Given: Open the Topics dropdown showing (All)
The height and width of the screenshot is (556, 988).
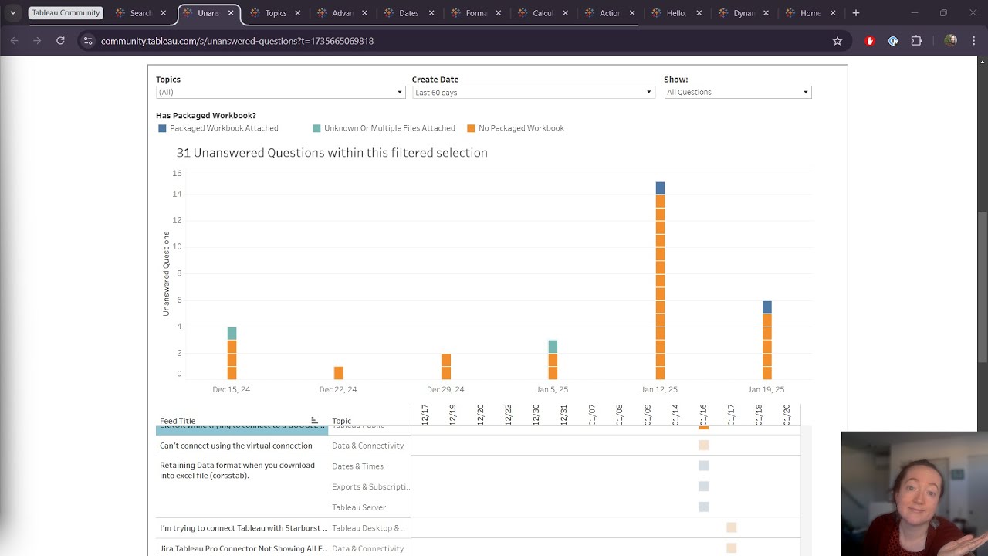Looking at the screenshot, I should click(280, 92).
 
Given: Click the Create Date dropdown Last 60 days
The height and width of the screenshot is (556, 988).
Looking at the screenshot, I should click(533, 92).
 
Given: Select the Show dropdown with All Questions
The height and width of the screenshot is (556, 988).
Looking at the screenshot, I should click(737, 92).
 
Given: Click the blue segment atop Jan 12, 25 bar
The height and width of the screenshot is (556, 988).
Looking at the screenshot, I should click(660, 188).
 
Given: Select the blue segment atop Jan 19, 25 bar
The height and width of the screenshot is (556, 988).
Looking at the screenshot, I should click(766, 307).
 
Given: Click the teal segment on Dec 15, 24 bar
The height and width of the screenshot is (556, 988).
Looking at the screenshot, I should click(232, 334).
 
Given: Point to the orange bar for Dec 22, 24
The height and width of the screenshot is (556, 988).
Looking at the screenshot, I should click(338, 373).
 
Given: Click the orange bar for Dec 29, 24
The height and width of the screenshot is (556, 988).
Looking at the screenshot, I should click(445, 367).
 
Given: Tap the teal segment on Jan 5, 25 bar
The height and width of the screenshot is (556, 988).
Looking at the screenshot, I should click(553, 347).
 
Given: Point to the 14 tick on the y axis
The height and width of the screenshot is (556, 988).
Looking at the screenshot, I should click(177, 194).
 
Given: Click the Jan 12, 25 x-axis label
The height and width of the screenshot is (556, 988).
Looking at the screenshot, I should click(658, 390).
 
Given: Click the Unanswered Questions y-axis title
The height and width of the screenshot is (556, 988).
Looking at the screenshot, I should click(166, 273).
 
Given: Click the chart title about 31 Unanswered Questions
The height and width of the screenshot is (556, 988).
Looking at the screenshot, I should click(332, 153).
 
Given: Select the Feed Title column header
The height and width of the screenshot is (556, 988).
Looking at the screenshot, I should click(178, 421).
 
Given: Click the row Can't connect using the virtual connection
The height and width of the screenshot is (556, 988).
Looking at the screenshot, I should click(236, 446).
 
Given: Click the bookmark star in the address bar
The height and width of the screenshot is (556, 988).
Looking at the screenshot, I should click(837, 41).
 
